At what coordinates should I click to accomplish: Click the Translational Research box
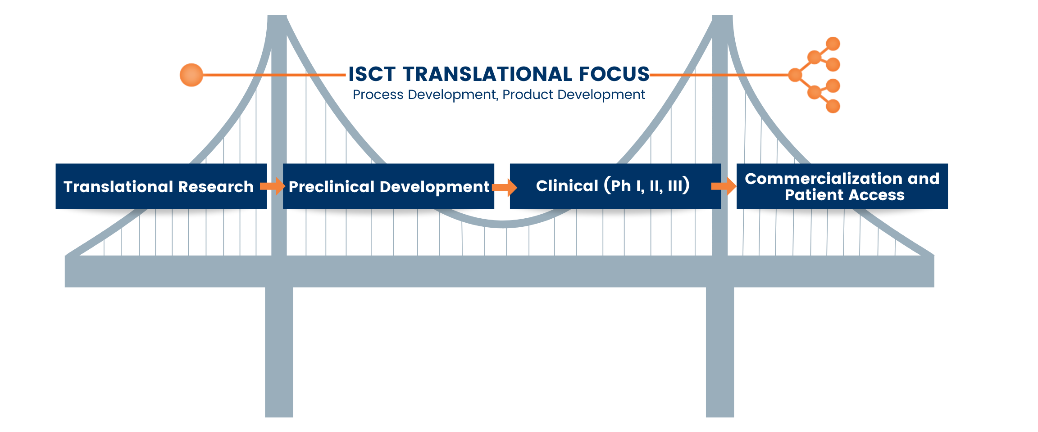(x=161, y=186)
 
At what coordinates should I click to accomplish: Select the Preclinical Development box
(x=388, y=186)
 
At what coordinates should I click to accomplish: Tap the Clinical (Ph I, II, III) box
(x=615, y=186)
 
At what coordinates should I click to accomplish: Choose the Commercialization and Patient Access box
(x=842, y=186)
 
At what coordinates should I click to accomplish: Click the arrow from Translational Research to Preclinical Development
(x=273, y=186)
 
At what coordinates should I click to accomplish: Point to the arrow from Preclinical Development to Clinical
(x=505, y=187)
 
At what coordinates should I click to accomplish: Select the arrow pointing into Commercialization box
(x=724, y=186)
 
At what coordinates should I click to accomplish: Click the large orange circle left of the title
(x=191, y=75)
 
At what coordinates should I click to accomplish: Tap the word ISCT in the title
(x=372, y=74)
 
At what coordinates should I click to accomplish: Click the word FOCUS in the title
(x=614, y=74)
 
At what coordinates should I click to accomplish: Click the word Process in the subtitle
(x=378, y=94)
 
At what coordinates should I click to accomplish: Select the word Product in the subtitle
(x=528, y=94)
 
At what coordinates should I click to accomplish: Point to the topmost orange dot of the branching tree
(x=833, y=44)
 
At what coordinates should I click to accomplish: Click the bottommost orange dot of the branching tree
(x=833, y=106)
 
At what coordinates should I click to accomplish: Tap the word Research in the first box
(x=216, y=187)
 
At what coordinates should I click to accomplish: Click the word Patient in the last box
(x=814, y=195)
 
